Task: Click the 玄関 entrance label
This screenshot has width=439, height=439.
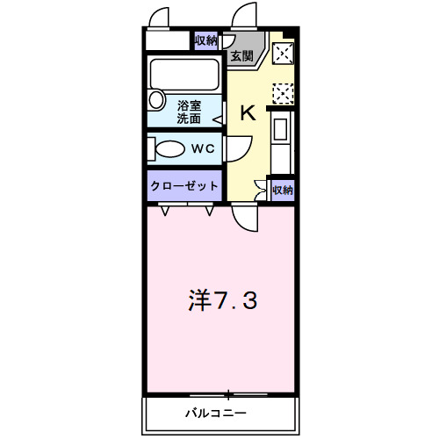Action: [241, 56]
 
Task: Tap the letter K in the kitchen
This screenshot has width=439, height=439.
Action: [248, 112]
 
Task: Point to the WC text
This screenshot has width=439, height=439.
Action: [204, 149]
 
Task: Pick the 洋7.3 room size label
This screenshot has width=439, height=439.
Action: [222, 301]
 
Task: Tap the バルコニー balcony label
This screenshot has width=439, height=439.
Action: [215, 412]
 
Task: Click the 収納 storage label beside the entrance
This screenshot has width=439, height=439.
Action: [205, 40]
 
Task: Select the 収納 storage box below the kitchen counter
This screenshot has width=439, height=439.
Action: [281, 189]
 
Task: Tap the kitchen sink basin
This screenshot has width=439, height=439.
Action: [281, 130]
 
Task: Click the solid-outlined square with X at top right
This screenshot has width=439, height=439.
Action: [283, 54]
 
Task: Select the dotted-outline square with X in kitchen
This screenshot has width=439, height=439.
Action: [283, 91]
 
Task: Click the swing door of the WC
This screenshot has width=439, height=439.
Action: [235, 151]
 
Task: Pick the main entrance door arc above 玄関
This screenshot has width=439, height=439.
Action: [241, 18]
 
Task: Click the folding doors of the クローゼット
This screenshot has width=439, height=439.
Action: [187, 209]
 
